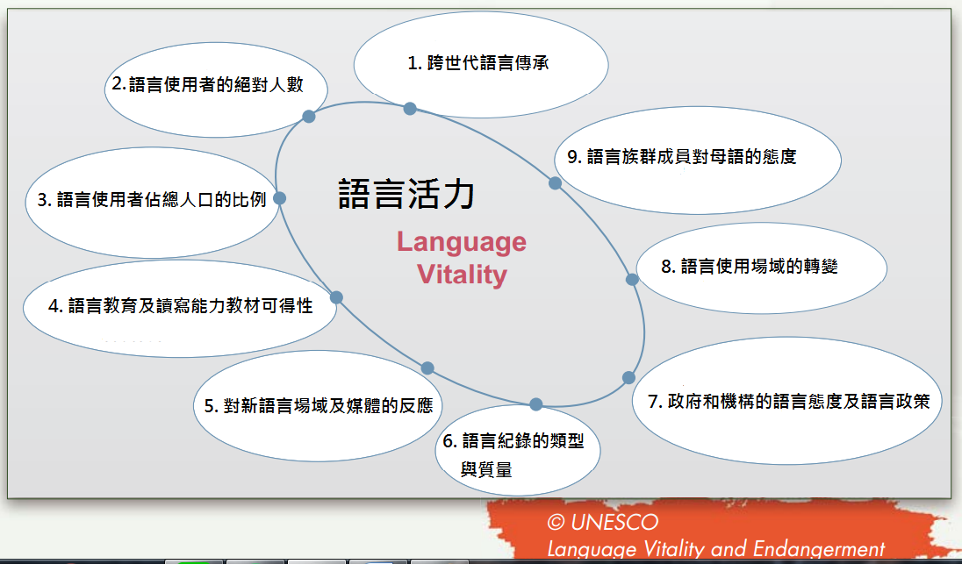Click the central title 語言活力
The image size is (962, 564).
pos(406,195)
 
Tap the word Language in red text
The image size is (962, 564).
pos(462,242)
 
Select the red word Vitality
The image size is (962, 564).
pos(462,274)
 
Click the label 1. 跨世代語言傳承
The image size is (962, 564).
pos(478,63)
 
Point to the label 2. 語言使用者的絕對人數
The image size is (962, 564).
pos(207,84)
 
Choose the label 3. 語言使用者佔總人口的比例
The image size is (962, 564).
pos(152,200)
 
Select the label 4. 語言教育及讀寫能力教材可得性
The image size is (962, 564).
pos(181,305)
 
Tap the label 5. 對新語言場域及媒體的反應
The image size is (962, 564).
pos(319,405)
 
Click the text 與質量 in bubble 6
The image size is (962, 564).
pos(486,470)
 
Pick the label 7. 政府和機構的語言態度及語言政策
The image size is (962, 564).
pos(788,402)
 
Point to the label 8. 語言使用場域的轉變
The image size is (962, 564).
pos(749,266)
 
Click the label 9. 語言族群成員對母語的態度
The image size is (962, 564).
pos(682,156)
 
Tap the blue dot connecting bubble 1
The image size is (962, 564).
pos(410,109)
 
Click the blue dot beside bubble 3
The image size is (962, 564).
pos(279,198)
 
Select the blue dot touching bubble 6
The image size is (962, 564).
pos(535,404)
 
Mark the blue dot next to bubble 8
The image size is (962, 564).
pos(632,280)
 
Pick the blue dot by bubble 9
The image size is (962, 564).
pos(555,182)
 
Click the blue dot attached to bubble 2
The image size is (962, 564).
pos(309,116)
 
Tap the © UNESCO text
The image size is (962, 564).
pos(602,522)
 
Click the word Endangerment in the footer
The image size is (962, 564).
pos(818,549)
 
